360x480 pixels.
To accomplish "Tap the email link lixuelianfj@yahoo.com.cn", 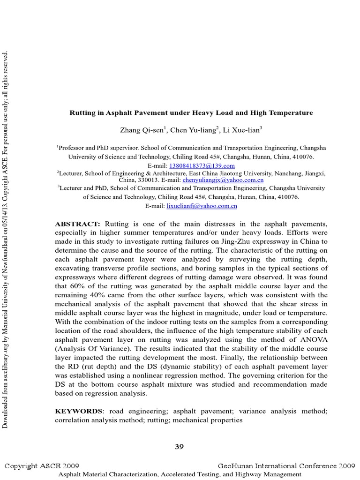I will [202, 206].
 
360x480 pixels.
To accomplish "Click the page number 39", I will [180, 447].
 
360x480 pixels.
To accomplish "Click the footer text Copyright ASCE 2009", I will [42, 466].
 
